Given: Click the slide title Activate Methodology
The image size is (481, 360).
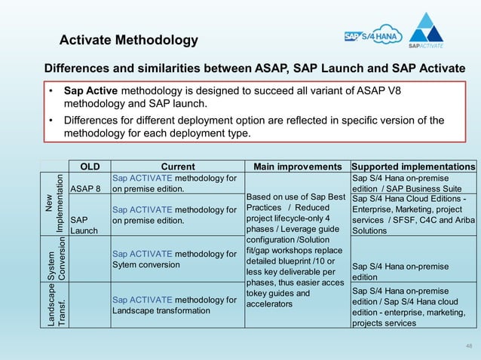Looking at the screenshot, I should click(x=128, y=40).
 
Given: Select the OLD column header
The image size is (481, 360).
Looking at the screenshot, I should click(x=89, y=166).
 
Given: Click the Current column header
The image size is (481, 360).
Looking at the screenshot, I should click(x=178, y=166).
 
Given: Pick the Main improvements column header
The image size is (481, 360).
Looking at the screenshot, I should click(x=298, y=166).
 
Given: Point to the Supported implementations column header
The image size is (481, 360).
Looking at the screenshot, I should click(x=414, y=166).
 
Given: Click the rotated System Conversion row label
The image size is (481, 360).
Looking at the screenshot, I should click(x=55, y=259).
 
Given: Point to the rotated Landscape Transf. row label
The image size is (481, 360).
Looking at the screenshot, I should click(x=55, y=305).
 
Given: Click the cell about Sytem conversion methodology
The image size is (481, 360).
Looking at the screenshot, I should click(x=174, y=259).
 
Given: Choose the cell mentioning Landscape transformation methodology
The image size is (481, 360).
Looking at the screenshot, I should click(x=174, y=305).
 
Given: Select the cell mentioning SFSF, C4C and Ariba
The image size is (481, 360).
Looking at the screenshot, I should click(x=414, y=215).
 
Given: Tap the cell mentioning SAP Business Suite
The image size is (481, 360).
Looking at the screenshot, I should click(x=414, y=183).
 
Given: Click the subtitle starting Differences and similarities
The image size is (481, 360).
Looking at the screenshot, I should click(x=255, y=69).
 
